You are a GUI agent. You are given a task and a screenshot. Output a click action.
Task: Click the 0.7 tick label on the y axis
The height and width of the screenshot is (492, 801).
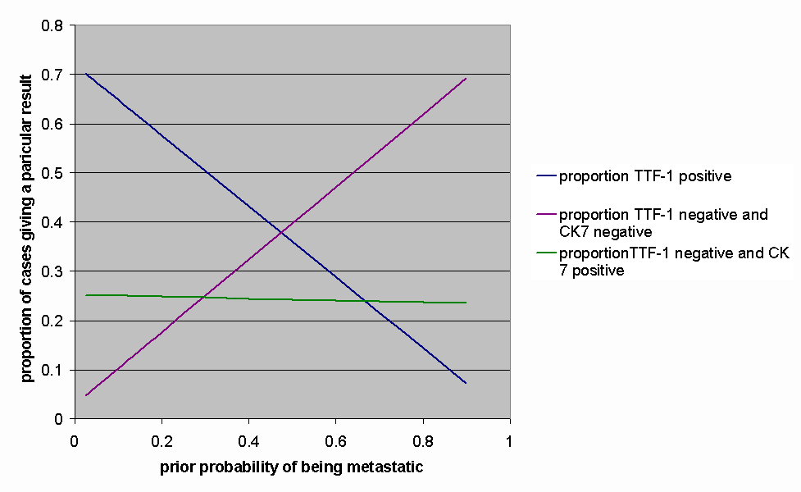(54, 75)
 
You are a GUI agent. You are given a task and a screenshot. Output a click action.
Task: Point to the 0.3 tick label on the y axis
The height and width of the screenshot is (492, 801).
(54, 271)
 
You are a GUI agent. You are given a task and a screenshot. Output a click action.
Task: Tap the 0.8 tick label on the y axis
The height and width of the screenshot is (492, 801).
(54, 25)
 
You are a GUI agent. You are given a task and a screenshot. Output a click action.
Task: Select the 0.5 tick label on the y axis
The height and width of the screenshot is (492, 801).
(54, 173)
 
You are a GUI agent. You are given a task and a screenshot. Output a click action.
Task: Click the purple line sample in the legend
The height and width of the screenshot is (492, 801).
(545, 215)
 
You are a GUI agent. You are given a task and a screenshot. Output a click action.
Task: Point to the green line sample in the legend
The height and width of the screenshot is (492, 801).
(545, 253)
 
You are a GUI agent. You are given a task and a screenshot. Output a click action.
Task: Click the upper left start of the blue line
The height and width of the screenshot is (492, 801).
(86, 74)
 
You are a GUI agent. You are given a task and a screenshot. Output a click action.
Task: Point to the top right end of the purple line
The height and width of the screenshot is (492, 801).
(466, 79)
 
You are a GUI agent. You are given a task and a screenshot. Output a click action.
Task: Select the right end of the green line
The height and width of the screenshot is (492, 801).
(466, 303)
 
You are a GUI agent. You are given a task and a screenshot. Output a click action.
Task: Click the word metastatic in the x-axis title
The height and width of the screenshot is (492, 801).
(384, 467)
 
